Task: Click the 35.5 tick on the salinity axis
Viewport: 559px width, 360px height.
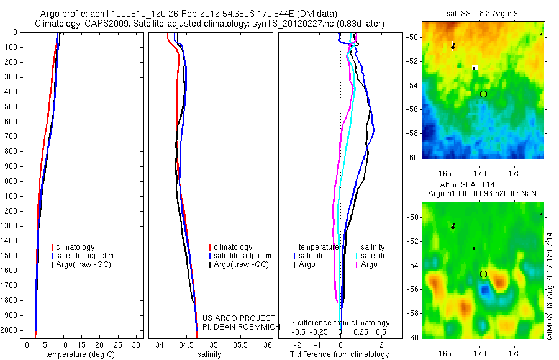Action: [241, 344]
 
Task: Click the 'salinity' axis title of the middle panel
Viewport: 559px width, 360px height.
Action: [209, 354]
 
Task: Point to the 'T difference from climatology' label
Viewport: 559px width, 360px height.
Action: [340, 354]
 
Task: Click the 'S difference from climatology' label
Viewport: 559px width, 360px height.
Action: [340, 323]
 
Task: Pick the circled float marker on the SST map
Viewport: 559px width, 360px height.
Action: [483, 94]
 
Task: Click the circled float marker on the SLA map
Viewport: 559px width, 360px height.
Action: [483, 274]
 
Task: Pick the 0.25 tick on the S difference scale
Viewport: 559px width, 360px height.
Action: [361, 332]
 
